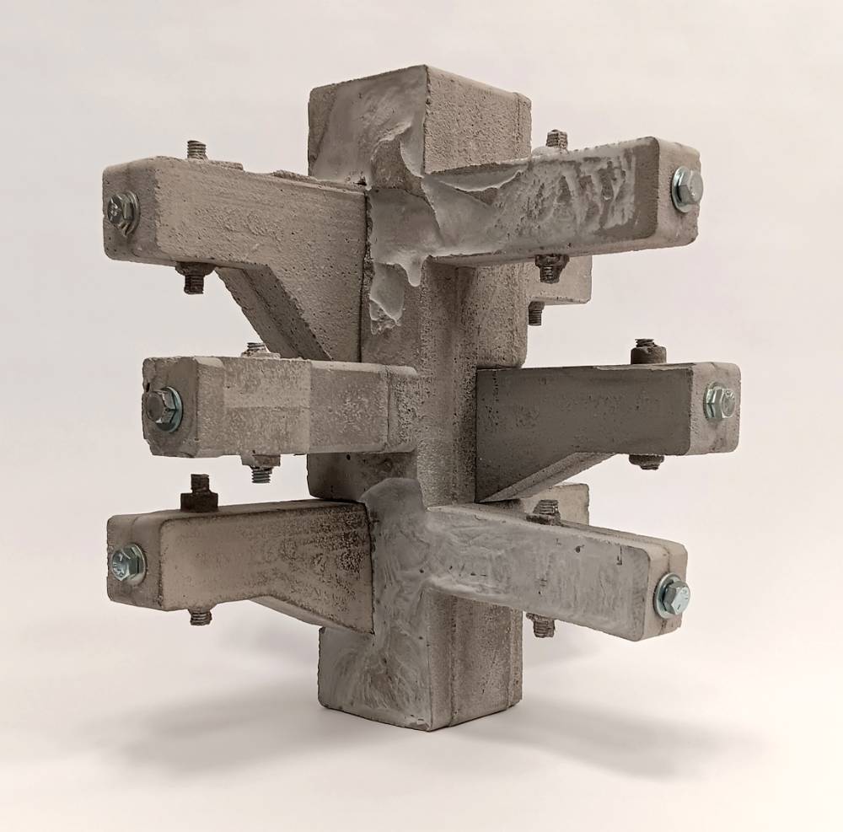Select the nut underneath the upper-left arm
[x=192, y=278]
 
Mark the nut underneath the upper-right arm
[x=549, y=267]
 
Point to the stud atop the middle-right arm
[x=645, y=350]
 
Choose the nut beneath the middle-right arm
[x=647, y=461]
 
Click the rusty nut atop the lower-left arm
[x=199, y=494]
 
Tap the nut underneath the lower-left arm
[x=200, y=616]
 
